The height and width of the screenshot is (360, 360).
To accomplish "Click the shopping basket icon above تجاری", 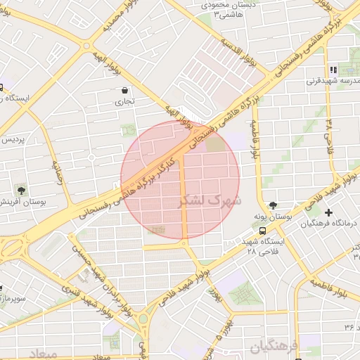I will pyautogui.click(x=125, y=90).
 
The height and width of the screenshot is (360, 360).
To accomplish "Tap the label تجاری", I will pyautogui.click(x=124, y=102).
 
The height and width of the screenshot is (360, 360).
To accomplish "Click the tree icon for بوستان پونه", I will pyautogui.click(x=273, y=205).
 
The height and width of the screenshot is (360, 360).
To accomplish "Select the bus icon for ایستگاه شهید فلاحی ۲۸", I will pyautogui.click(x=262, y=230).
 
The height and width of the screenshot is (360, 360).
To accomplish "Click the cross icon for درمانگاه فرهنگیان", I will pyautogui.click(x=329, y=212).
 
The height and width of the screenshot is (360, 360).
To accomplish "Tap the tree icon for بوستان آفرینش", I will pyautogui.click(x=21, y=190).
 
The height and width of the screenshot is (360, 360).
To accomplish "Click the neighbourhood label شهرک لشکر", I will pyautogui.click(x=211, y=200).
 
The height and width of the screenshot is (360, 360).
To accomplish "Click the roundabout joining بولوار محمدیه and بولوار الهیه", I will pyautogui.click(x=86, y=47).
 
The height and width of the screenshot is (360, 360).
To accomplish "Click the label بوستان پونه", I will pyautogui.click(x=274, y=219).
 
